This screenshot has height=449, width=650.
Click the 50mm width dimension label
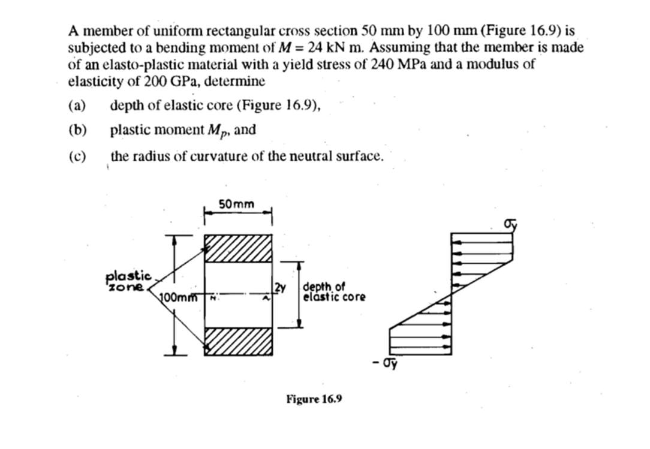click(x=236, y=204)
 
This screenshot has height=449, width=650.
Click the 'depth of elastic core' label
click(x=334, y=291)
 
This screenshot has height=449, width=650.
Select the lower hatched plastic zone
click(x=238, y=341)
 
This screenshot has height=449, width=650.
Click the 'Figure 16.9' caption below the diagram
click(x=314, y=399)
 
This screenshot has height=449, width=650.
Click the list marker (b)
click(x=77, y=130)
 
